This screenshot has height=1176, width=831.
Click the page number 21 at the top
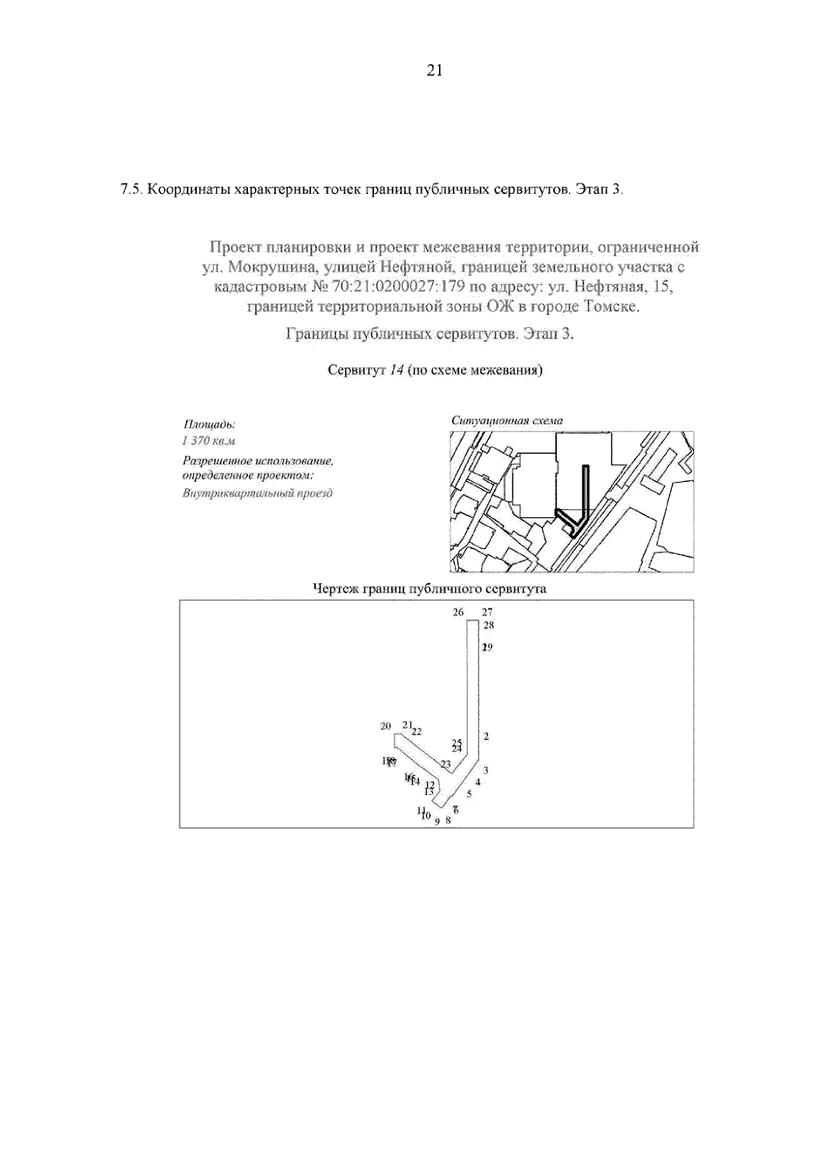coord(434,70)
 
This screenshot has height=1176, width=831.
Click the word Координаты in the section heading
coord(188,189)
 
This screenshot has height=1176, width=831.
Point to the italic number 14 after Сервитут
coord(396,370)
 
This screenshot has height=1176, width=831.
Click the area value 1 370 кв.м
coord(208,441)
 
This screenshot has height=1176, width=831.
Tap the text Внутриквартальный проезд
coord(257,493)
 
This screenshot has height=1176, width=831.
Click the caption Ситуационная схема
coord(507,420)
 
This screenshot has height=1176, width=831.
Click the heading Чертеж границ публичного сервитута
coord(429,589)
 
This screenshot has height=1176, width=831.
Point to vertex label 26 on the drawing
coord(458,612)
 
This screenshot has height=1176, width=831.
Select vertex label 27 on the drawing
coord(487,612)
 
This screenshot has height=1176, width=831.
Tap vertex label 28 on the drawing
coord(489,625)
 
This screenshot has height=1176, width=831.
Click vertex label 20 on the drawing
coord(386,726)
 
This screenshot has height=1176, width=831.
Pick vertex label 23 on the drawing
coord(445,765)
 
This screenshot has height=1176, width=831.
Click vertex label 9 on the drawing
coord(437,821)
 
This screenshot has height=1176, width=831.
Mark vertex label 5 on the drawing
coord(469,794)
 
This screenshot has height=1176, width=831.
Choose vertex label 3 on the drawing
coord(486,770)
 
